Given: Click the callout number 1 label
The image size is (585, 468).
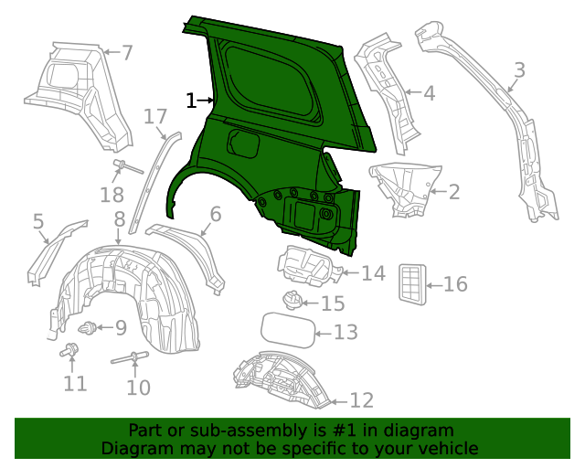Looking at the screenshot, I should coord(191,101).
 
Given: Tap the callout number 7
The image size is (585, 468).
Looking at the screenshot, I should coord(127,53).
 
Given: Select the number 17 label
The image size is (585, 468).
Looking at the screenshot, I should coord(155,116).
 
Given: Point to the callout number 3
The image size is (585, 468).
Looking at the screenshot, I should coord(519,69).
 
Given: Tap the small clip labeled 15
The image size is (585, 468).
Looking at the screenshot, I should coord(291,299).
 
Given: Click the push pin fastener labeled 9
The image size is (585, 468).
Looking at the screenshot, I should coord(89,328).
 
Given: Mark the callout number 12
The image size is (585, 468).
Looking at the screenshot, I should coord(362,400).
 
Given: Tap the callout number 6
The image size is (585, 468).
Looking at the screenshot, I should coord(216,215).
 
